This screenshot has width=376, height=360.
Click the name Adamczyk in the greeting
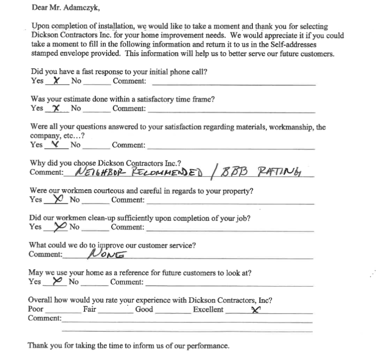75,7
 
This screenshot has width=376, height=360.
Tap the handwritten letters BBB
232,172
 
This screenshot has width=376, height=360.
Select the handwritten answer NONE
106,254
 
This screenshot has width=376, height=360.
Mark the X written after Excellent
256,310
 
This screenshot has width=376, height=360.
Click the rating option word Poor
36,309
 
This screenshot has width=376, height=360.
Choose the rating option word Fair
89,309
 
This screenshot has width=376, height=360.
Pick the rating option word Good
144,309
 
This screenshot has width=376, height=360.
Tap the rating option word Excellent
208,309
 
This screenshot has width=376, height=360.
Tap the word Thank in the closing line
37,345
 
